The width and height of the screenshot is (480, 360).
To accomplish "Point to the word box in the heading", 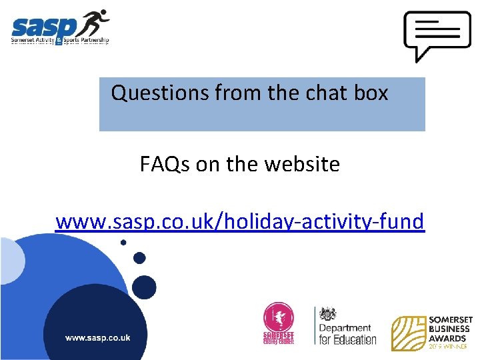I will (371, 93).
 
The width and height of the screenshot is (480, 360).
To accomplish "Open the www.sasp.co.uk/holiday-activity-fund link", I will (239, 221).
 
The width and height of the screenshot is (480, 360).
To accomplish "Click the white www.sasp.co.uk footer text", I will (97, 338).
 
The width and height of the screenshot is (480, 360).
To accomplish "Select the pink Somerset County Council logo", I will (279, 324).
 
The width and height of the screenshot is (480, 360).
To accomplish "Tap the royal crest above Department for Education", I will (327, 314).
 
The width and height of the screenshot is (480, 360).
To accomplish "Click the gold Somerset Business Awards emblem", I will (409, 333).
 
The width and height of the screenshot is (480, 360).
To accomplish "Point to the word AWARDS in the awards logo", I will (448, 338).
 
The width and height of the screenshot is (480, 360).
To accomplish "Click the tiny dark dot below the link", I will (123, 243).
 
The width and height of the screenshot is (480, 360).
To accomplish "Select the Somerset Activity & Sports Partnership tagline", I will (59, 41).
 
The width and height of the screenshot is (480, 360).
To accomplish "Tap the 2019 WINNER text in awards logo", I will (448, 347).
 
